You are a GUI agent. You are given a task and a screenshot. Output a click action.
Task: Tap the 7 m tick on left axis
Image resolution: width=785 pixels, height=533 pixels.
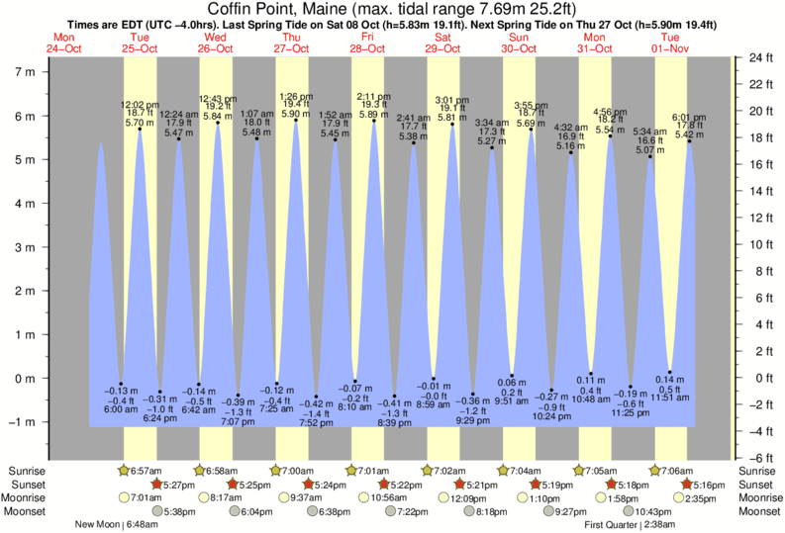point(23,72)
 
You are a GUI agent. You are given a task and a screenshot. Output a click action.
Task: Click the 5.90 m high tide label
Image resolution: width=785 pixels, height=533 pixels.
point(296,113)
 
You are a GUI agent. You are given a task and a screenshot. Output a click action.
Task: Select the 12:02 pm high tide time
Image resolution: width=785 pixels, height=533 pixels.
point(140,103)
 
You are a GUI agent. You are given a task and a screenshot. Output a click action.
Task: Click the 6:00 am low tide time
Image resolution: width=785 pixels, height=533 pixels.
point(121,409)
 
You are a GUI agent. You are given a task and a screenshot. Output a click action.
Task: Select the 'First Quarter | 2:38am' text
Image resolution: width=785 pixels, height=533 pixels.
point(631,524)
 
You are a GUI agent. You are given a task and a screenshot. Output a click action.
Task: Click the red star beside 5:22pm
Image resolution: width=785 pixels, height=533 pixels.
point(383,485)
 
